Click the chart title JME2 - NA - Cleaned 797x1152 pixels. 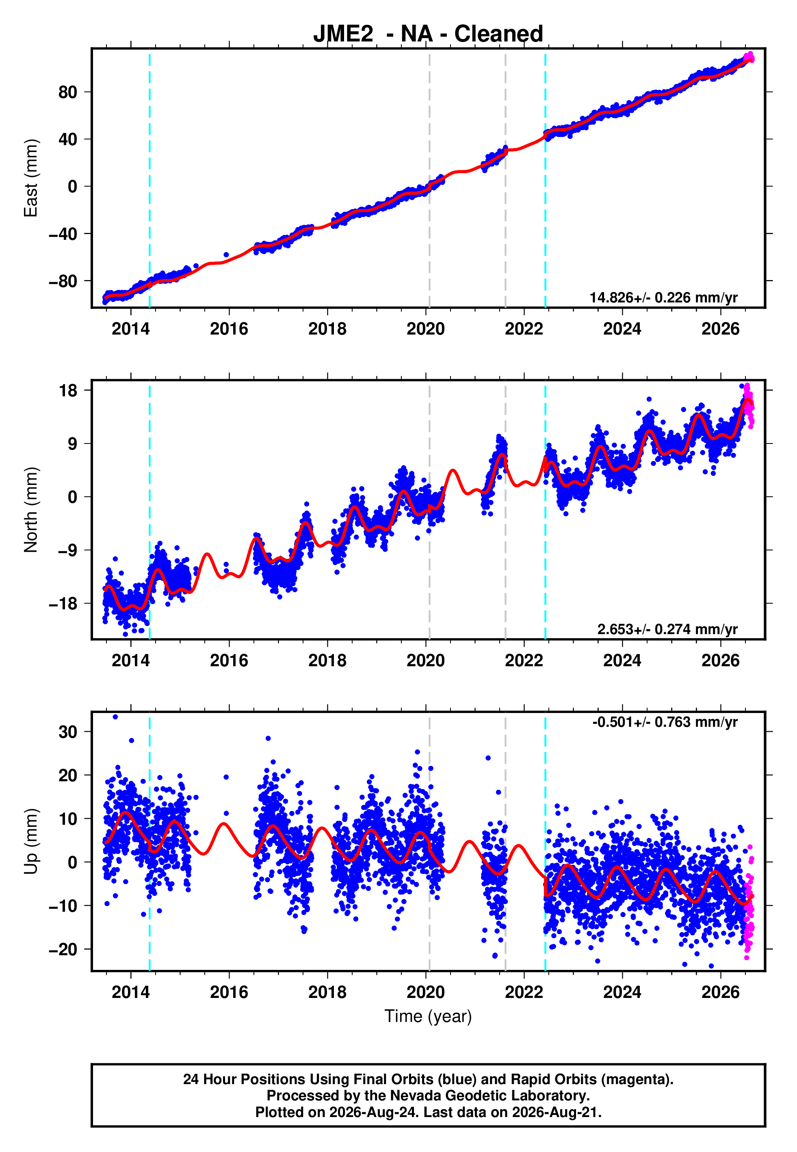coord(428,34)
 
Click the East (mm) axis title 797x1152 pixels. coord(31,178)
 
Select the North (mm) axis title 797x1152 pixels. coord(31,510)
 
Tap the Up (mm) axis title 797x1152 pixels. coord(31,841)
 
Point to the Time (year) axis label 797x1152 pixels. coord(428,1016)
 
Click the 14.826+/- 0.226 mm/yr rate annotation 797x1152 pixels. coord(664,298)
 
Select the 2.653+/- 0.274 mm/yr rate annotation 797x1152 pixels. coord(668,629)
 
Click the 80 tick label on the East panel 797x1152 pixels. coord(68,92)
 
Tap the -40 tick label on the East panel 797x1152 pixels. coord(63,234)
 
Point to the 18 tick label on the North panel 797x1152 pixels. coord(68,390)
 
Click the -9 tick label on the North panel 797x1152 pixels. coord(68,550)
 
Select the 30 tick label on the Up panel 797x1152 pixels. coord(68,732)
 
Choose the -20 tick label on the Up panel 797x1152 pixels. coord(63,949)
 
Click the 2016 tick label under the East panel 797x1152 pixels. coord(229,329)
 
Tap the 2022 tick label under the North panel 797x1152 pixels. coord(524,661)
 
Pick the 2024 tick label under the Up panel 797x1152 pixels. coord(622,992)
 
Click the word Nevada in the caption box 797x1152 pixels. coord(412,1095)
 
